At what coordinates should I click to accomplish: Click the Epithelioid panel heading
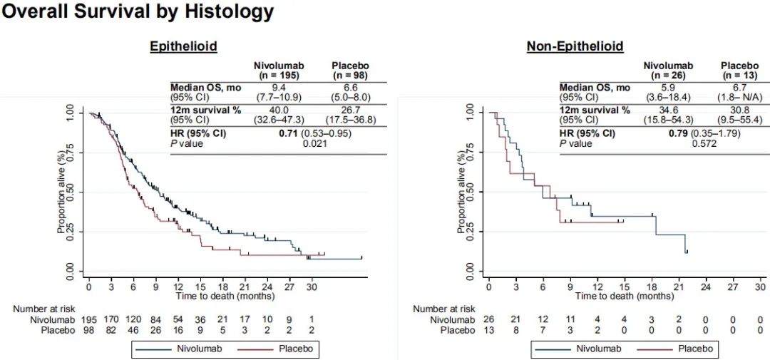(x=183, y=46)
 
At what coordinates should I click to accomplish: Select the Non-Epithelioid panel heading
(x=575, y=46)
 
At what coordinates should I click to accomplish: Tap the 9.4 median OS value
(x=277, y=88)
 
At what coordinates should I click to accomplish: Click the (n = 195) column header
(x=277, y=75)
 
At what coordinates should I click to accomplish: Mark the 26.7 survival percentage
(x=350, y=110)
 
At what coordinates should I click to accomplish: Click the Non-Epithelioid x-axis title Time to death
(x=624, y=295)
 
